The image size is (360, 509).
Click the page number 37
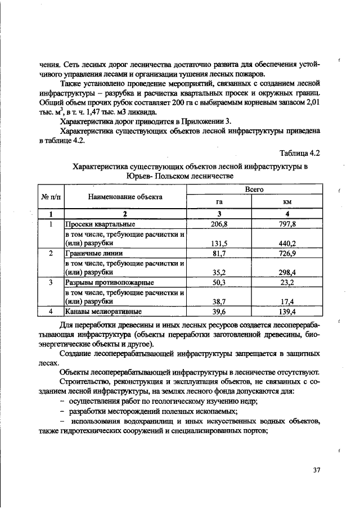[316, 470]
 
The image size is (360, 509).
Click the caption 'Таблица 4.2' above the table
[300, 154]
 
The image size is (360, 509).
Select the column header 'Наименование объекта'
[125, 197]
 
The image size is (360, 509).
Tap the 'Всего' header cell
[254, 190]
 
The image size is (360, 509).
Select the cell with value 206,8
[218, 224]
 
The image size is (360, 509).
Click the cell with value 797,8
[287, 224]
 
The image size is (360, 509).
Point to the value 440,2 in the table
[287, 244]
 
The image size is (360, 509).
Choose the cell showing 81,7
[218, 253]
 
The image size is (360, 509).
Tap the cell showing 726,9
[287, 253]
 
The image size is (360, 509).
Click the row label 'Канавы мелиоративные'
[103, 311]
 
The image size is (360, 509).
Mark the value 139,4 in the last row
[287, 311]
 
